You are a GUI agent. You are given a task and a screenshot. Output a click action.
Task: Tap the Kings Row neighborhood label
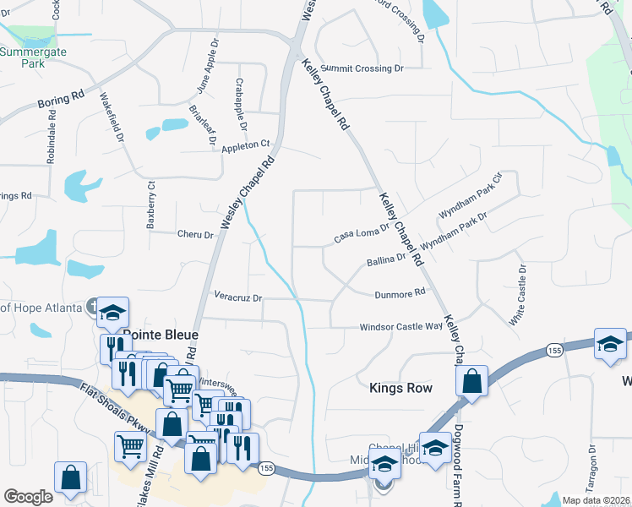coord(401,388)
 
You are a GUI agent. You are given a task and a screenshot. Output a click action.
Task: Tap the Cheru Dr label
coord(195,234)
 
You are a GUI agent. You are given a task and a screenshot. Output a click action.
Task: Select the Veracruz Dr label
coord(238,298)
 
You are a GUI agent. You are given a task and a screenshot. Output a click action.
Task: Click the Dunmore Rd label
coord(400,294)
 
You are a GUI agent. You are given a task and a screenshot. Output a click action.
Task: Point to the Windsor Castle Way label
coord(401,326)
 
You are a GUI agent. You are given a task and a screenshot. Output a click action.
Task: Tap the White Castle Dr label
coord(517,296)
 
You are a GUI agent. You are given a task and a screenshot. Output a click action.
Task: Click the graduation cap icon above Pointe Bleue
coord(111,313)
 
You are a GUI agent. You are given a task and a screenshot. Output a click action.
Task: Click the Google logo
coord(28,497)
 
